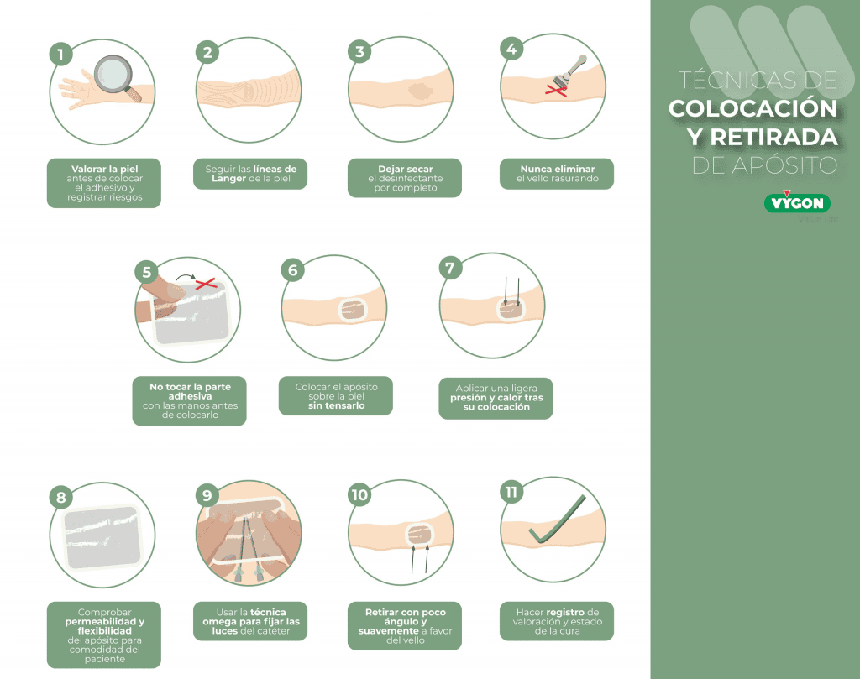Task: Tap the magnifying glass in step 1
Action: tap(115, 76)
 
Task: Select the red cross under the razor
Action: tap(556, 91)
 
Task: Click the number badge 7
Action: tap(450, 268)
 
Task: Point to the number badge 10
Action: tap(359, 495)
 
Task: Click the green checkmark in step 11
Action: tap(557, 520)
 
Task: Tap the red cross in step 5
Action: tap(206, 284)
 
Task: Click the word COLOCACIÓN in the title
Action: tap(752, 108)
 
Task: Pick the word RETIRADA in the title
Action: tap(773, 137)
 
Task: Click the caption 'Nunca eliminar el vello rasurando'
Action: tap(557, 174)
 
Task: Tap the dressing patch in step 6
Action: tap(352, 311)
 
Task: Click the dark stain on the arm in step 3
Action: tap(421, 91)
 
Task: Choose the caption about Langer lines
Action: tap(250, 174)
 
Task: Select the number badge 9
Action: tap(207, 495)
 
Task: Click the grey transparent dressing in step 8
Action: tap(102, 536)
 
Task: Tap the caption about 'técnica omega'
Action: tap(250, 621)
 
